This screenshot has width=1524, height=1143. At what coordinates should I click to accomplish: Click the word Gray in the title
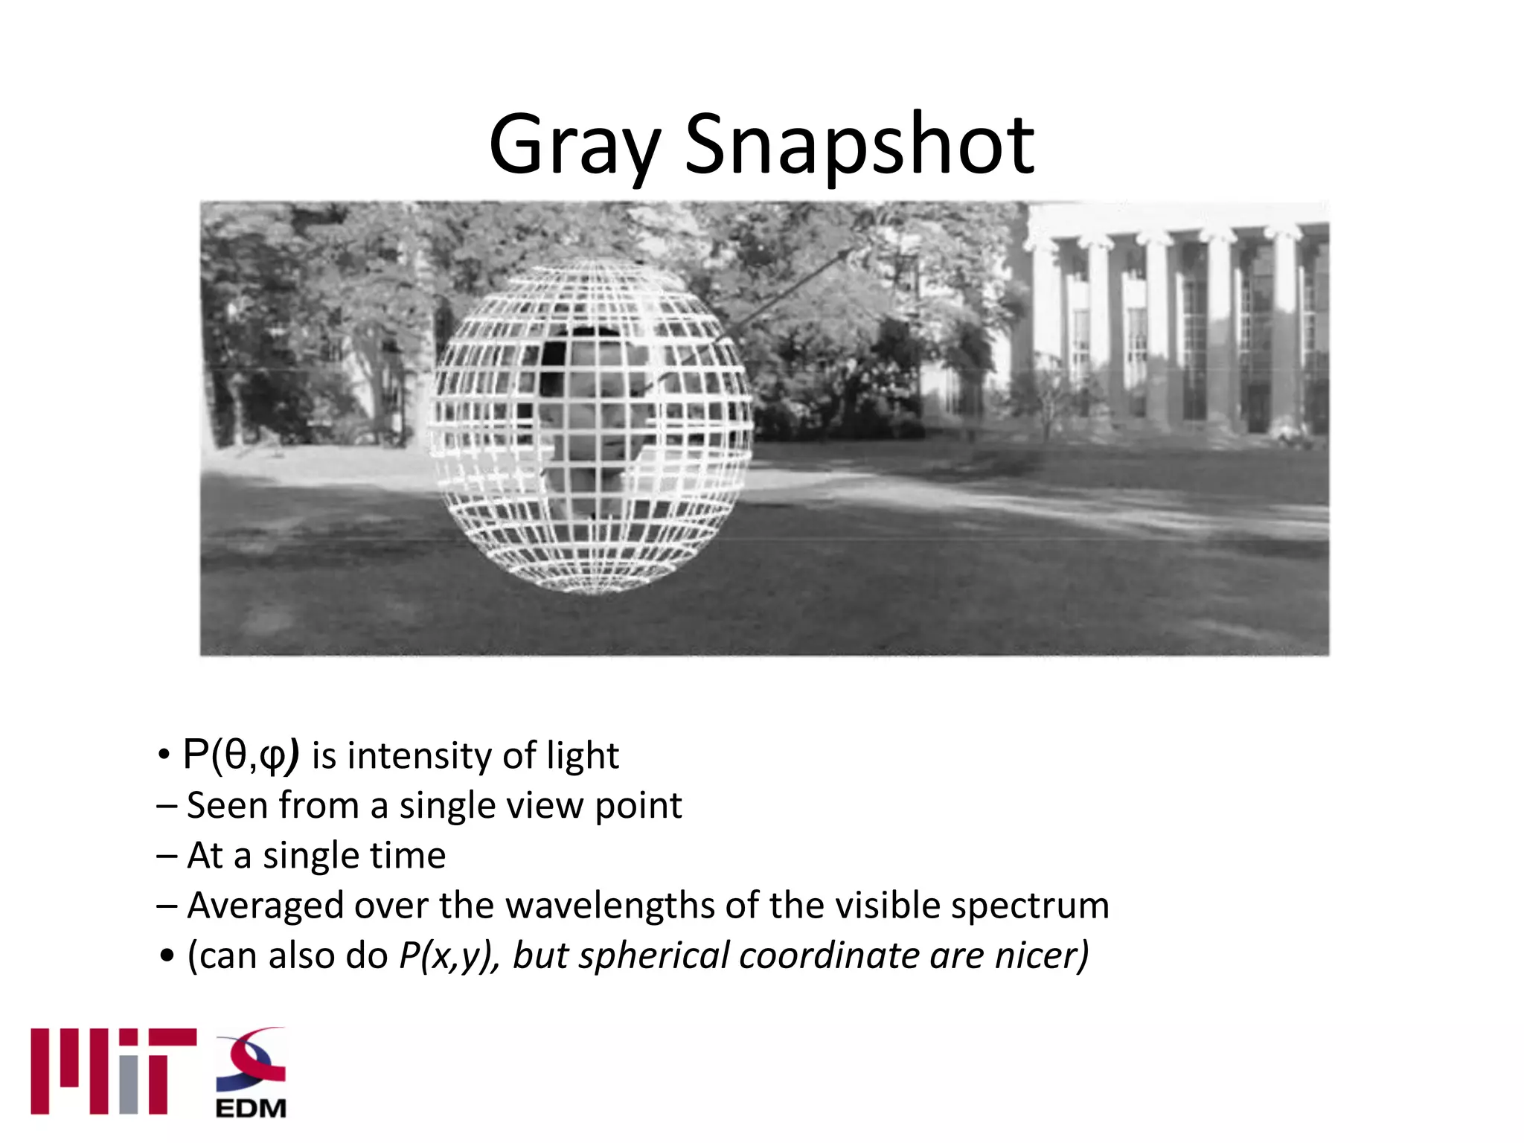point(574,145)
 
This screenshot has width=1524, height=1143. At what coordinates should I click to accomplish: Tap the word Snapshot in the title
point(859,145)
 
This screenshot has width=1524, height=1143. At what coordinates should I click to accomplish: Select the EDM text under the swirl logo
point(251,1108)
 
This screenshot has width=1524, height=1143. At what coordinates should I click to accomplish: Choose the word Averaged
point(265,906)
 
